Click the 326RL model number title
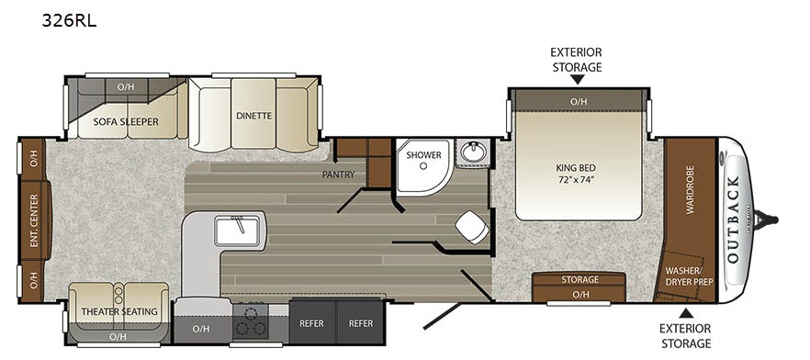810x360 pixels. point(69,21)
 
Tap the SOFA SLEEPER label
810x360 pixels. point(126,122)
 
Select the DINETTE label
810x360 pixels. point(253,116)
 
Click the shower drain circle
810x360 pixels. point(423,166)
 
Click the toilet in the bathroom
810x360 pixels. point(473,227)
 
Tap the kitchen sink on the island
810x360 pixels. point(238,231)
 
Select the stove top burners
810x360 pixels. point(250,321)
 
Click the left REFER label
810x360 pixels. point(311,323)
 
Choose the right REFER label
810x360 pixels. point(361,323)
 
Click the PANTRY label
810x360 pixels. point(338,174)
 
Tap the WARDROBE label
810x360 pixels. point(690,189)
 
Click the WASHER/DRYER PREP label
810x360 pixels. point(689,276)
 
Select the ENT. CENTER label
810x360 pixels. point(34,220)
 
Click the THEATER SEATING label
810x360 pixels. point(119,311)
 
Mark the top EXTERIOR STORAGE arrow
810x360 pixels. point(577,79)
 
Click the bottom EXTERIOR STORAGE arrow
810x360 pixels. point(685,313)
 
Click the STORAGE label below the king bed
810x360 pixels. point(579,279)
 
